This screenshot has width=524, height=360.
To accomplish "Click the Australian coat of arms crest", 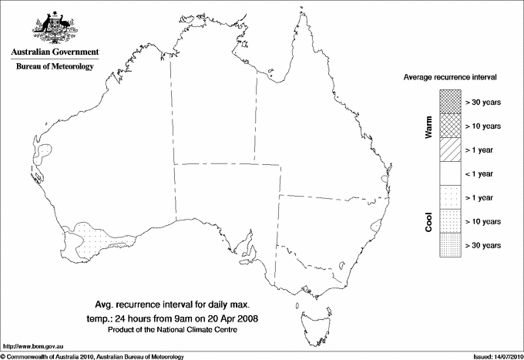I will click(x=54, y=28).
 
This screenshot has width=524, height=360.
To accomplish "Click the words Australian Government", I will click(x=54, y=52).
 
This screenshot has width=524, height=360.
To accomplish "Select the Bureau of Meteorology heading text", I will click(x=55, y=67).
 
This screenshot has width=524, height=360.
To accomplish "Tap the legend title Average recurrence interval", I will click(x=449, y=78).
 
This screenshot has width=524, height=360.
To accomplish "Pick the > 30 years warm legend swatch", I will click(x=449, y=101).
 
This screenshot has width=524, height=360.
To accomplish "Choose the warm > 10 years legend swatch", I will click(x=449, y=125).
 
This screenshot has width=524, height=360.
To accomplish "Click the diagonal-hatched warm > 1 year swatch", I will click(x=449, y=149).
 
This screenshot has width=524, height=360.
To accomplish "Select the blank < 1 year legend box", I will click(x=449, y=173).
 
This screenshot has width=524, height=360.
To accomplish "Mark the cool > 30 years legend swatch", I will click(x=449, y=245).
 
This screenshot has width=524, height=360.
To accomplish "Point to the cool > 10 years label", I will click(x=483, y=221).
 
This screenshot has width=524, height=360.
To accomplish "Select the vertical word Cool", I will click(x=428, y=222).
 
